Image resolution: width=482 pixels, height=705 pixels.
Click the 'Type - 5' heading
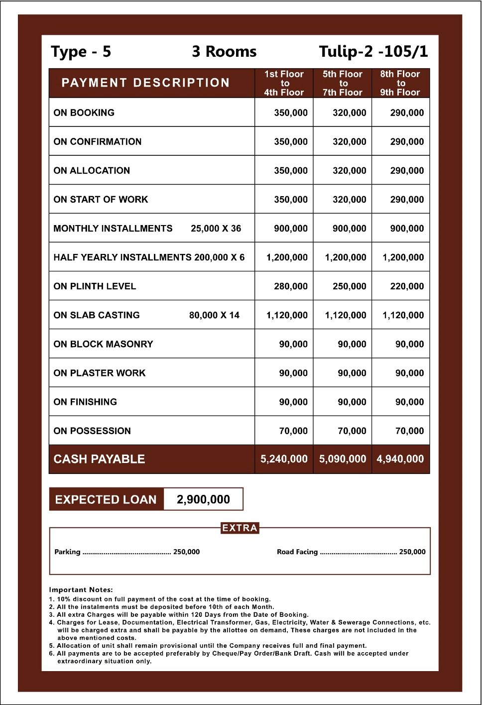coord(81,52)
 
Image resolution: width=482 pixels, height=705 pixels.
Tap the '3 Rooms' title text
coord(224,52)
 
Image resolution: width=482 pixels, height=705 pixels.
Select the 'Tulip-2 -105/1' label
coord(373,52)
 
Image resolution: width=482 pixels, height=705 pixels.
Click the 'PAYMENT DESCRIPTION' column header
coord(145,83)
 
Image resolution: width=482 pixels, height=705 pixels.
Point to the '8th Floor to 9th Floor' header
coord(400,83)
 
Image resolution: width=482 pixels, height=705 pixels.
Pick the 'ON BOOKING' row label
coord(84,113)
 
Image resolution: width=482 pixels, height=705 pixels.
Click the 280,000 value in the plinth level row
coord(291,286)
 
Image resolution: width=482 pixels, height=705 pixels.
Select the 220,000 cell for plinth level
coord(407,286)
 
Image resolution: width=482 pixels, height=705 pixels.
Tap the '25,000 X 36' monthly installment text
coord(216,229)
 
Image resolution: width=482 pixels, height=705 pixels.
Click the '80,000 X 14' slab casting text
coord(214,315)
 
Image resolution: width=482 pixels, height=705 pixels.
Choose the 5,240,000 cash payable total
coord(284,459)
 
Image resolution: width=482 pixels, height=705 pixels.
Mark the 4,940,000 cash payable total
coord(400,459)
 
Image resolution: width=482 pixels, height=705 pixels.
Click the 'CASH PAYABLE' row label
coord(99,459)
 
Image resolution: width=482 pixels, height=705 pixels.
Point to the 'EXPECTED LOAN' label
coord(106,499)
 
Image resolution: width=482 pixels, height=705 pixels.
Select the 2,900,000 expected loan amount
coord(203,499)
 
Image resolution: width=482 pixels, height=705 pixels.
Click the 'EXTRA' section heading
coord(240,528)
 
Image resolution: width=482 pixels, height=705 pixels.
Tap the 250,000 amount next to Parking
coord(186,552)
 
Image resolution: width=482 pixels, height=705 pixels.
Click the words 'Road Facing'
coord(297,552)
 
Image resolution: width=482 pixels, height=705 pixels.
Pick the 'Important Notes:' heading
coord(81,589)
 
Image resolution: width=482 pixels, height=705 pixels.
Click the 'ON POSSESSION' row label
coord(92,431)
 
